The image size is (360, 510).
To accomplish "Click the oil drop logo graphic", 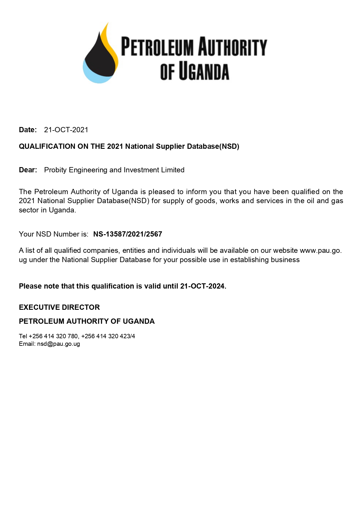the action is (100, 55).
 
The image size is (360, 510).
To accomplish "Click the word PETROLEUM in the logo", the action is (157, 46).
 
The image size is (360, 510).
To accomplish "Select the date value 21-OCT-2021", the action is (66, 130).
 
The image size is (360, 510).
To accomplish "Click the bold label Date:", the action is (28, 130).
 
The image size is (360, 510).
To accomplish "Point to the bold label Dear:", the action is (28, 170).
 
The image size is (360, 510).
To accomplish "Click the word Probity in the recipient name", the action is (55, 170).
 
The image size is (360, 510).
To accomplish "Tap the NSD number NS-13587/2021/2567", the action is (127, 234).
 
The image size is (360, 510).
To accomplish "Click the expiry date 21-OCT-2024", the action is (203, 286).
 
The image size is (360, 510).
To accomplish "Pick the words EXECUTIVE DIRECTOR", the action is (59, 307).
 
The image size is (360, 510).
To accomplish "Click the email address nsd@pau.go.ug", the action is (58, 344).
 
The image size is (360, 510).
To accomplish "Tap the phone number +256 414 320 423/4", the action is (108, 336).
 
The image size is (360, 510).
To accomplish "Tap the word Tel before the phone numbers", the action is (23, 336).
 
